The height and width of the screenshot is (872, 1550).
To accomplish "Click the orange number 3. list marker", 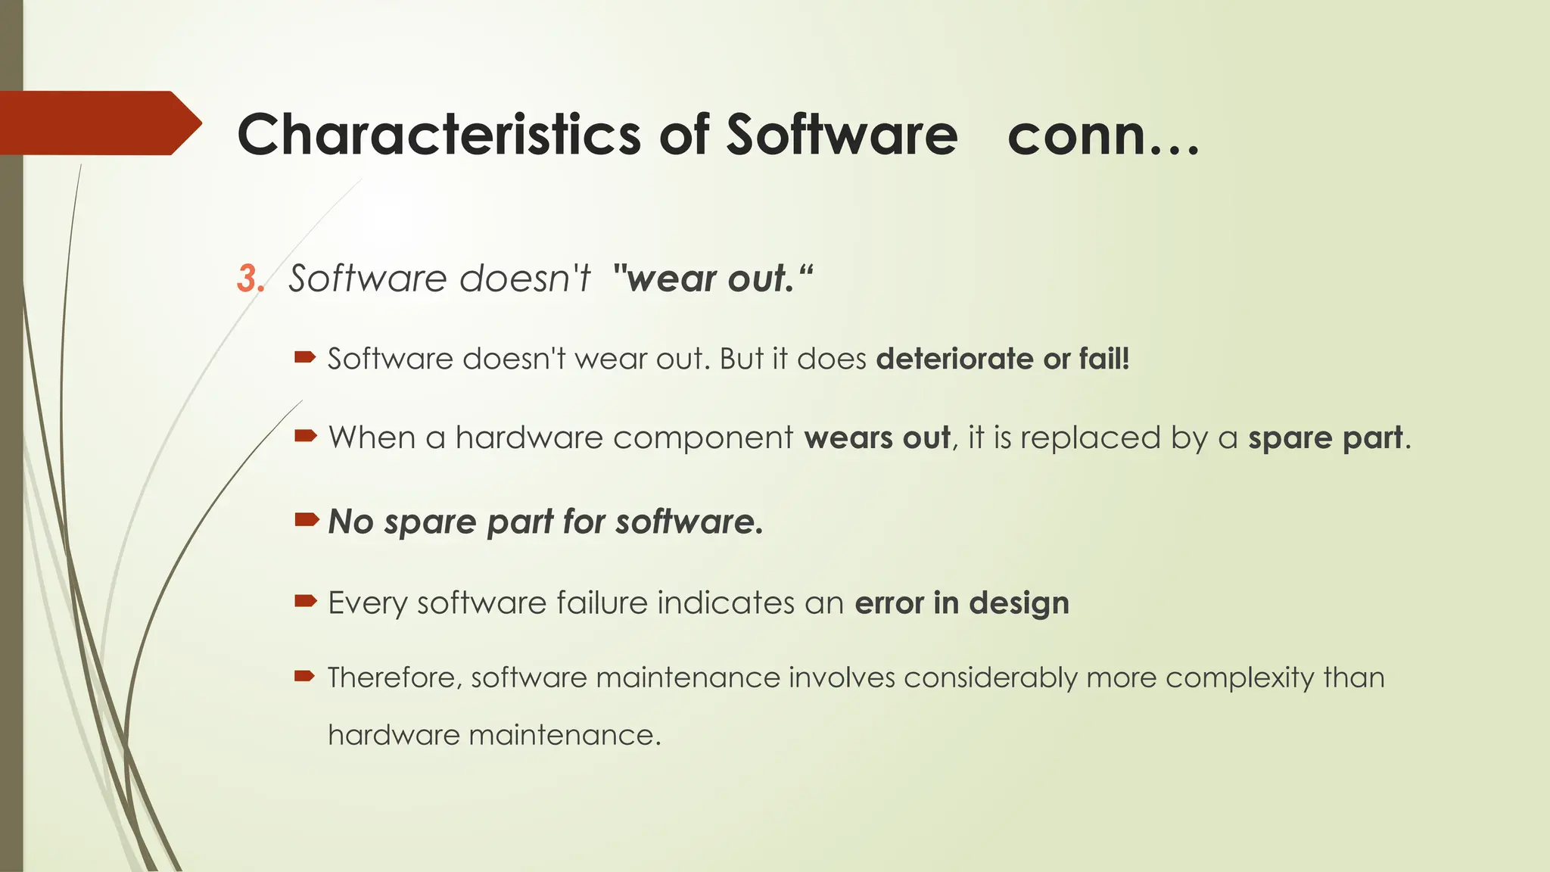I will [251, 279].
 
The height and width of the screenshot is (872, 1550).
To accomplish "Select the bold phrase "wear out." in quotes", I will [713, 279].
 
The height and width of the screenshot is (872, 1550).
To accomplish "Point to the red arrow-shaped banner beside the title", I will [98, 123].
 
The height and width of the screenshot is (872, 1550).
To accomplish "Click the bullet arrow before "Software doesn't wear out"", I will [305, 357].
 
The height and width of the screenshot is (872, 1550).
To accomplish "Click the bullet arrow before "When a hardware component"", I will [305, 435].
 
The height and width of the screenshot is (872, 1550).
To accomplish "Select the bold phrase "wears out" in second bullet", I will [876, 438].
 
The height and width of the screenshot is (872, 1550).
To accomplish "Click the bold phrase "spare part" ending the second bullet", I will [1324, 438].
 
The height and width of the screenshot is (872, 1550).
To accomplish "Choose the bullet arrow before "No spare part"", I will [306, 519].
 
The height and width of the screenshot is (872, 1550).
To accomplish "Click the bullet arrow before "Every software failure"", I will [305, 601].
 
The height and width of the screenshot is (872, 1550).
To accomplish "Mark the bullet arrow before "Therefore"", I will [305, 676].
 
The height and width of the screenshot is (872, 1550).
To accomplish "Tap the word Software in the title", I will [842, 135].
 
